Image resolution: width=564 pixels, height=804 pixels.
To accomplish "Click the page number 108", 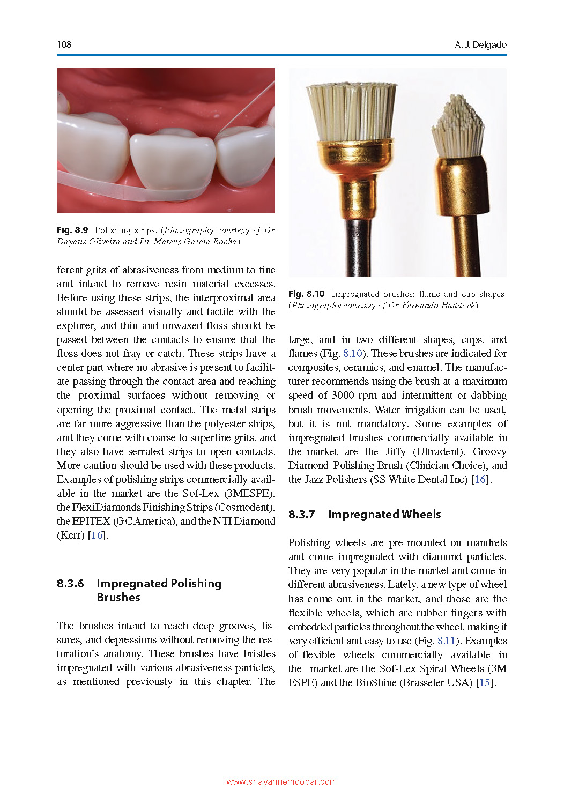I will (64, 44).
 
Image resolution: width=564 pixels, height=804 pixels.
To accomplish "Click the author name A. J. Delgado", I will (480, 44).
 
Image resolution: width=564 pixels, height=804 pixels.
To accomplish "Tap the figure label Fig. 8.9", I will (72, 230).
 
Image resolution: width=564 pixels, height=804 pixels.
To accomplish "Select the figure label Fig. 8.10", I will (306, 294).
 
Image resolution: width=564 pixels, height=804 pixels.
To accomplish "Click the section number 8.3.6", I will (70, 584).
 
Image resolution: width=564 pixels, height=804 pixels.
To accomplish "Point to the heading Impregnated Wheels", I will (384, 515).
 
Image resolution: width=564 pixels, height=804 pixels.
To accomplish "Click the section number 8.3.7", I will (301, 515).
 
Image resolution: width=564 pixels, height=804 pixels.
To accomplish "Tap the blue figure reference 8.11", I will (446, 641).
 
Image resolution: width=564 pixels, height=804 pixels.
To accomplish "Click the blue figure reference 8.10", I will (352, 354).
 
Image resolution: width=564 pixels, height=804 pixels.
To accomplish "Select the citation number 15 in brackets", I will (484, 683).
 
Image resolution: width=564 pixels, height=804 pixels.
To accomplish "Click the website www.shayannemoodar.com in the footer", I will (281, 782).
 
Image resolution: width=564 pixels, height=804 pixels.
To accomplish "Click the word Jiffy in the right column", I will (395, 452).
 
